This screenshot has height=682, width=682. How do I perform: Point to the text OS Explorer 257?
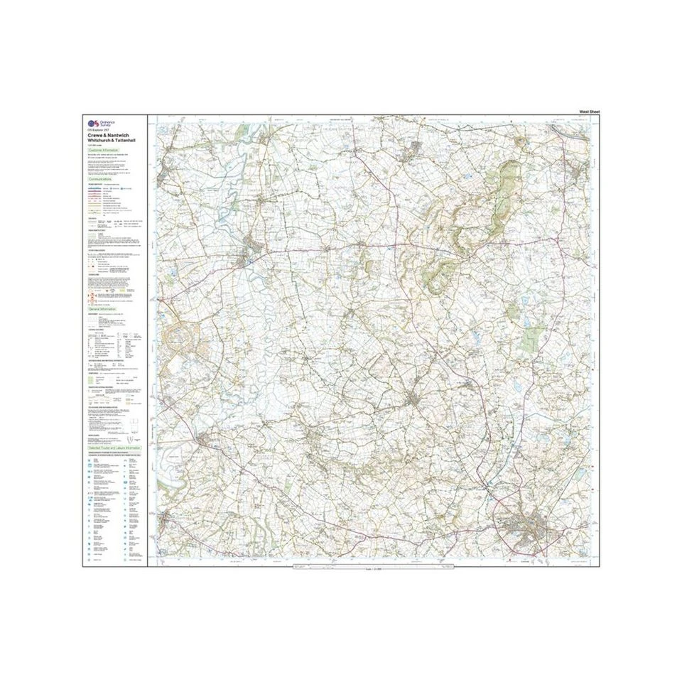[x=96, y=131]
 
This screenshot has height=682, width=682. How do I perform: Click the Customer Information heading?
[x=104, y=151]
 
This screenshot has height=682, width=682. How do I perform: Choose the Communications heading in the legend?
[x=103, y=180]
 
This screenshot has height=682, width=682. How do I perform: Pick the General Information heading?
[x=102, y=310]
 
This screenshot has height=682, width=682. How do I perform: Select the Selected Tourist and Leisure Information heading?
[x=114, y=449]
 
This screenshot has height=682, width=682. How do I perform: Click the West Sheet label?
[x=591, y=112]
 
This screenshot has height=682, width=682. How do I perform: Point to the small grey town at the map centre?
[x=413, y=401]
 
